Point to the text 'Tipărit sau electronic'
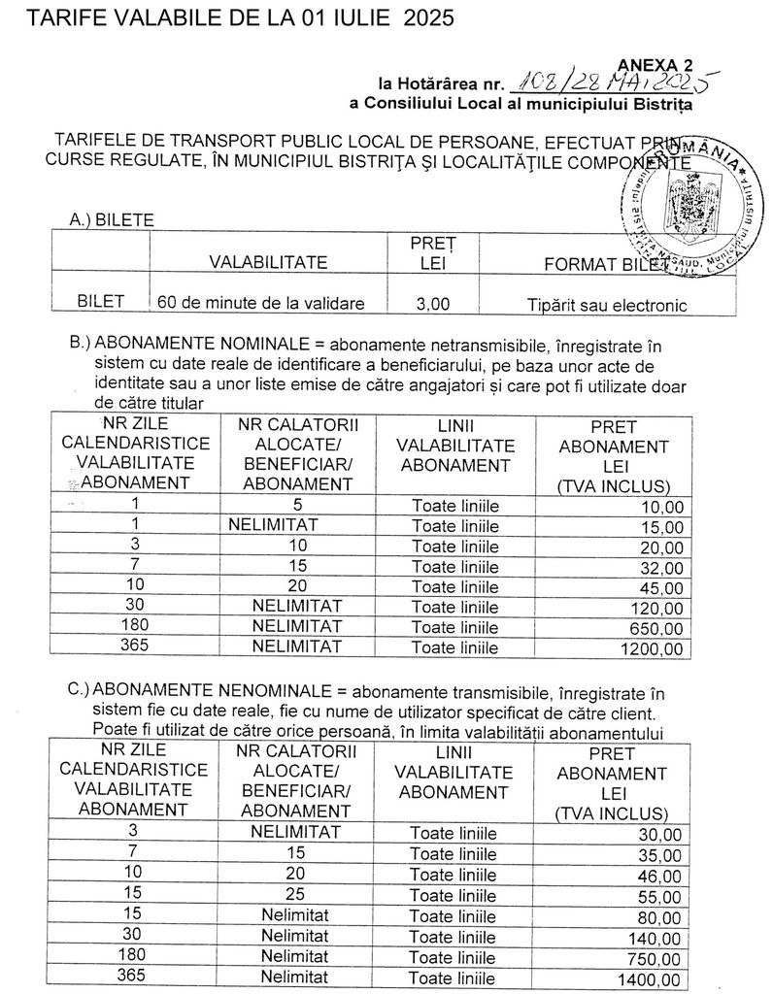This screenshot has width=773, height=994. pyautogui.click(x=607, y=305)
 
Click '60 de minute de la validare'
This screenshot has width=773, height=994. pyautogui.click(x=261, y=303)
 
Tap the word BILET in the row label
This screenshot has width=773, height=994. pyautogui.click(x=101, y=302)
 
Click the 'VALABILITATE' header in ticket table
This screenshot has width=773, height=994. pyautogui.click(x=267, y=262)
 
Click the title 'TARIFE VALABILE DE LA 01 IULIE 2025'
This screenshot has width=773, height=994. pyautogui.click(x=228, y=18)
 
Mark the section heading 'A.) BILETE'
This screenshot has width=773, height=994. pyautogui.click(x=112, y=220)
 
